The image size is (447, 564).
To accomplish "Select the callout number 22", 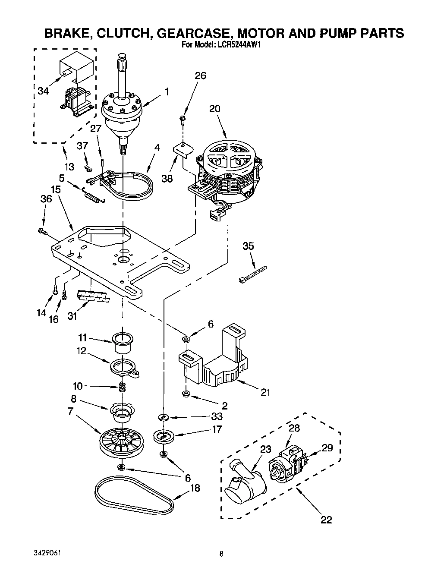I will point(327,520).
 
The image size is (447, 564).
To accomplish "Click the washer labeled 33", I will point(164,417).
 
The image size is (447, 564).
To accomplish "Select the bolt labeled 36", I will point(42,232).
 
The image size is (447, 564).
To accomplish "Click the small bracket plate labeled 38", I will point(183,149).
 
